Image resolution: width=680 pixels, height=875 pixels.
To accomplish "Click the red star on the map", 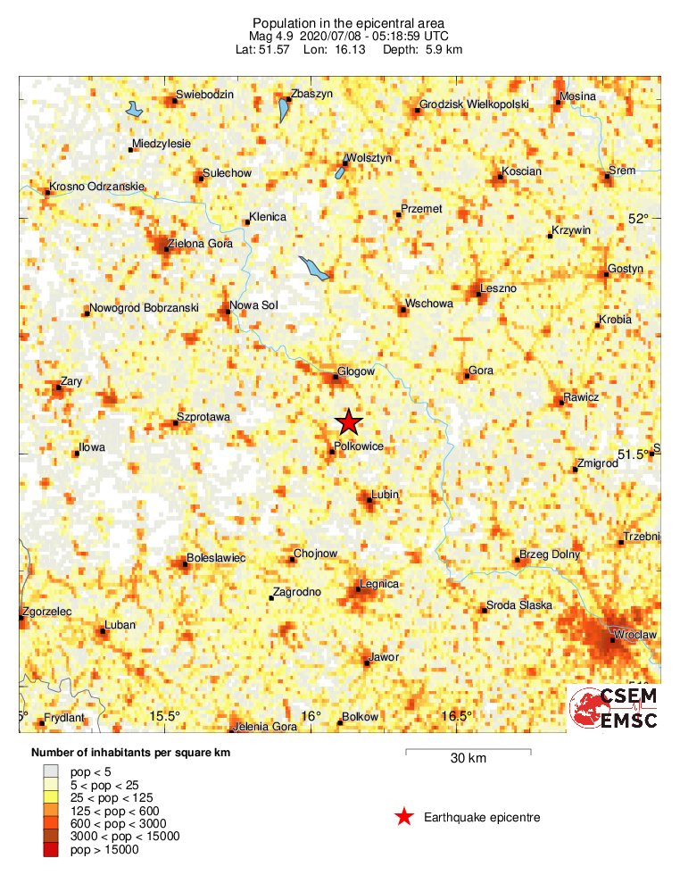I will click(x=349, y=421).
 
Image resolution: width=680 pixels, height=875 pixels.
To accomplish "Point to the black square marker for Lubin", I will click(x=369, y=501).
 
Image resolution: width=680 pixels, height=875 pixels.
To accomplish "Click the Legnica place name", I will click(x=378, y=584).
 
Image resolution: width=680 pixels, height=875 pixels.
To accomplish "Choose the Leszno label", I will click(x=498, y=287).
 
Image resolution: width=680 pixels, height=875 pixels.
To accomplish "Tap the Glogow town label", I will click(x=356, y=371).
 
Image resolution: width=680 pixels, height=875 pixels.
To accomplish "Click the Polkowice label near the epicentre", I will click(x=359, y=446).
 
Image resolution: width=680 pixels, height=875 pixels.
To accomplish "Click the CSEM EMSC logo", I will click(x=615, y=708).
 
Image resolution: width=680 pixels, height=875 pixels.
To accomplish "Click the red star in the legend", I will click(x=404, y=816).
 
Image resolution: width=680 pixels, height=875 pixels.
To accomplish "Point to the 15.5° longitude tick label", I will click(x=164, y=716).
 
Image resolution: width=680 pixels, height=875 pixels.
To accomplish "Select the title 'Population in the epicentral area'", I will click(x=348, y=22).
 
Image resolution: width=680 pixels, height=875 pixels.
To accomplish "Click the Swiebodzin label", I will click(x=205, y=95).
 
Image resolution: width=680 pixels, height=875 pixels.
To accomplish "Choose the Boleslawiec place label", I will click(x=217, y=558).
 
